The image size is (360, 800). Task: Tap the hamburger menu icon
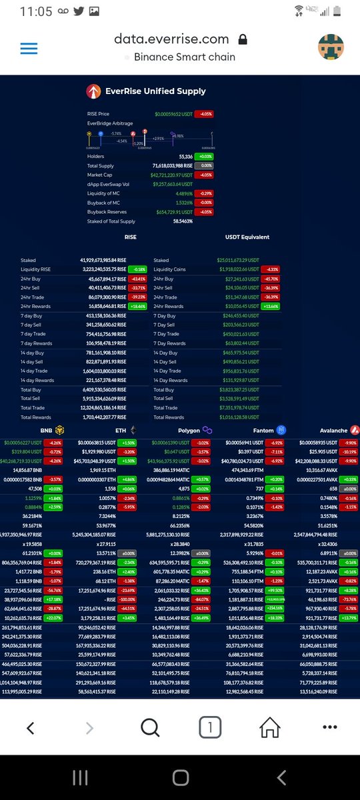tap(29, 49)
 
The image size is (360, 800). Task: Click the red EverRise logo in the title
tap(93, 91)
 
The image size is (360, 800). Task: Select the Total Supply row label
tap(101, 165)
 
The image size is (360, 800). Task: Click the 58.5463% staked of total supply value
tap(181, 221)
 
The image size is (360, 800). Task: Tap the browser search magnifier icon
tap(150, 727)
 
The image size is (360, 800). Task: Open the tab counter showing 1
tap(209, 727)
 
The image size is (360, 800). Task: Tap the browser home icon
tap(269, 727)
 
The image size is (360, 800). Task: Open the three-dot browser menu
tap(329, 727)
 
